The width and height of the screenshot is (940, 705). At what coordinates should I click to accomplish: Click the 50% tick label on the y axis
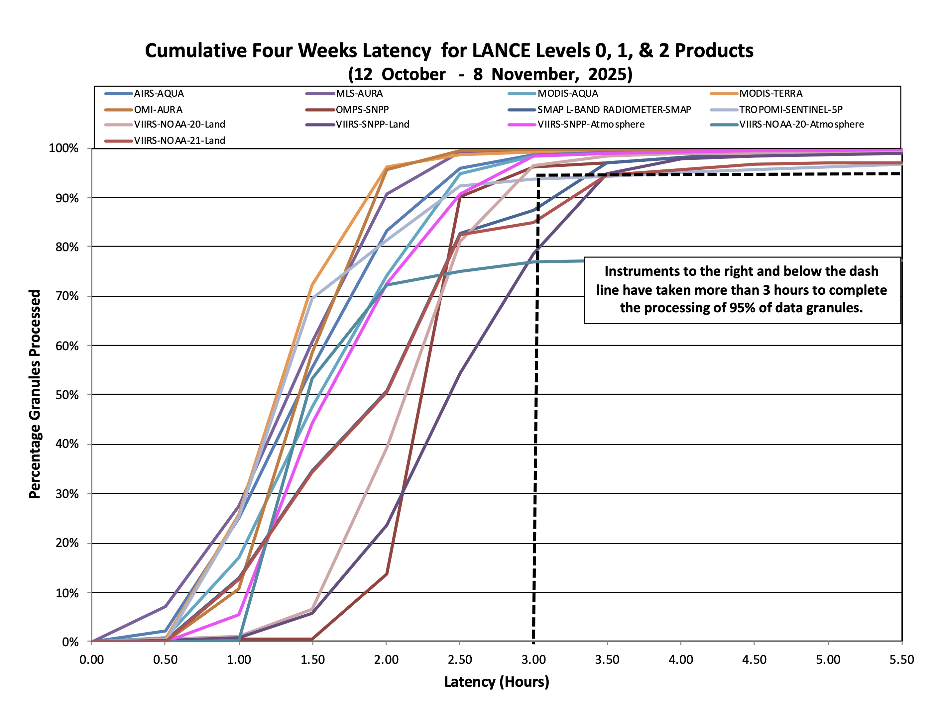[x=67, y=395]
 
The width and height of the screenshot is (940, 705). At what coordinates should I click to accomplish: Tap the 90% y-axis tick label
[x=67, y=198]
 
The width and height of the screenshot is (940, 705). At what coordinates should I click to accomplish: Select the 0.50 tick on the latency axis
[x=165, y=659]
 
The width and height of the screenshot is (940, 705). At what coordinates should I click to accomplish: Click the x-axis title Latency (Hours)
[x=496, y=682]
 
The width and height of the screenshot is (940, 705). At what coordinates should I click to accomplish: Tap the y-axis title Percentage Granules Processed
[x=35, y=394]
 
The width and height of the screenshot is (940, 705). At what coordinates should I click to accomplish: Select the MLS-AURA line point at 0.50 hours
[x=165, y=606]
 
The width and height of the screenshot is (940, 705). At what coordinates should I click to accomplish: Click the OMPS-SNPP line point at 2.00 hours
[x=386, y=574]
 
